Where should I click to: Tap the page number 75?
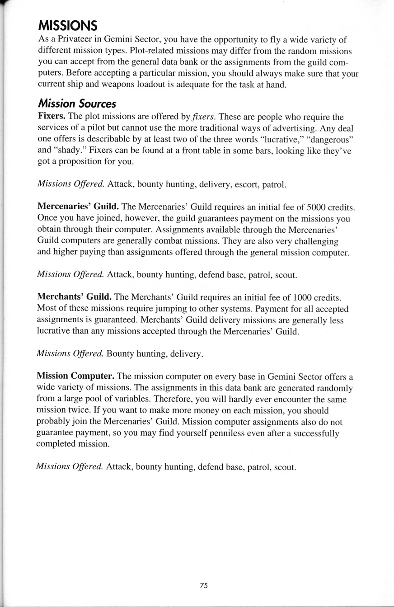[x=203, y=585]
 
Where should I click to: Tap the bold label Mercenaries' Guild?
[x=78, y=207]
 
